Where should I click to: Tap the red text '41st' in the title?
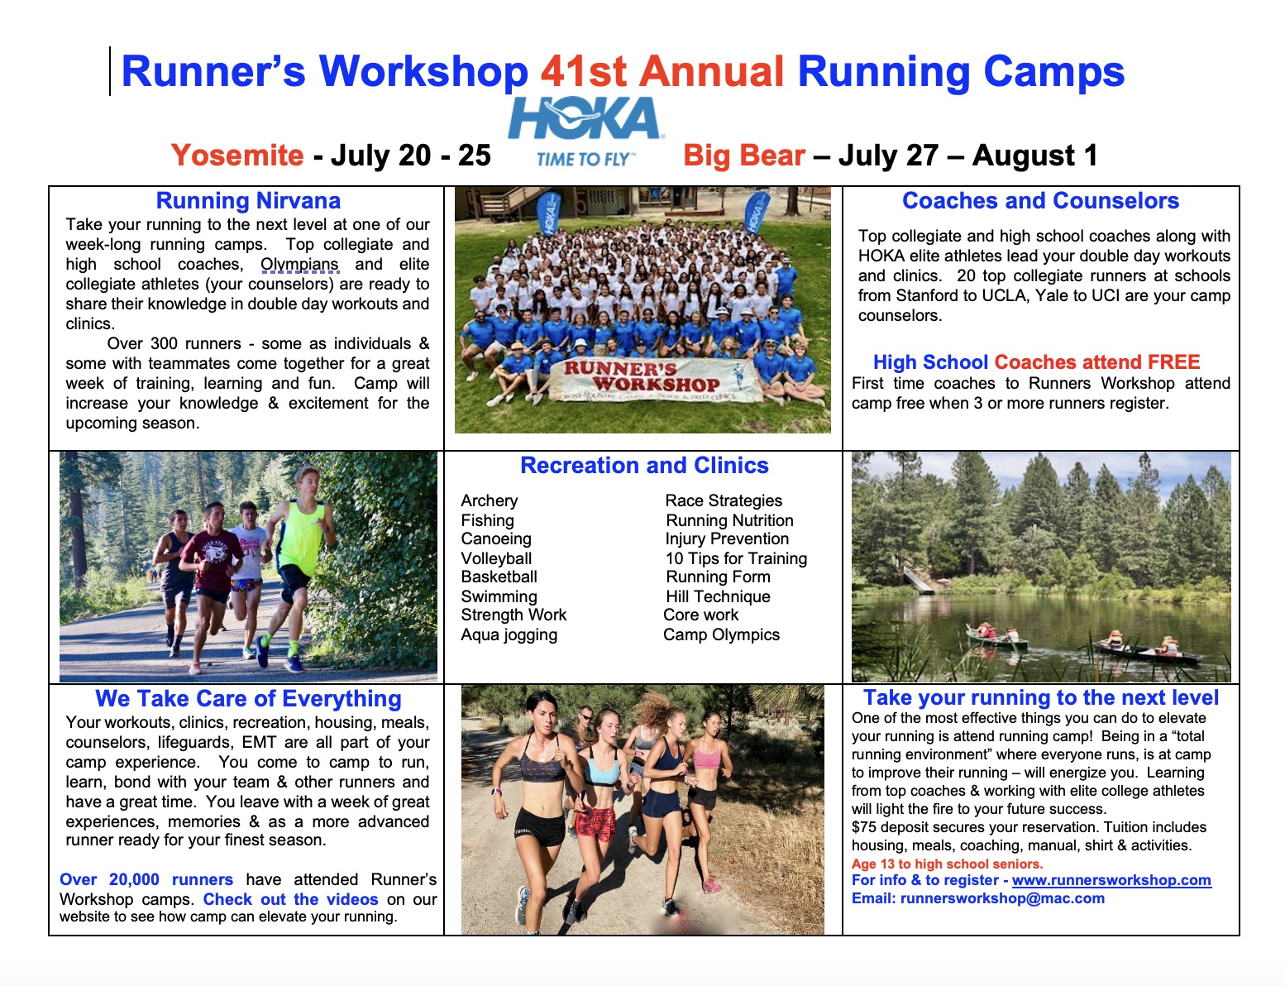(x=583, y=72)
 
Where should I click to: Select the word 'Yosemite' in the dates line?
(x=237, y=155)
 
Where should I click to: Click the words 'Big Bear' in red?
(x=744, y=155)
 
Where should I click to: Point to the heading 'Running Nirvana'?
(x=248, y=200)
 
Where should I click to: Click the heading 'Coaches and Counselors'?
(x=1041, y=200)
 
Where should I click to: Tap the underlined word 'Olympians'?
(x=299, y=264)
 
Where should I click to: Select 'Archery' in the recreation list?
(x=489, y=500)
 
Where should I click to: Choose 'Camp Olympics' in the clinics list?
(x=721, y=634)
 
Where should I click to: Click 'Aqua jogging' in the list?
(x=509, y=634)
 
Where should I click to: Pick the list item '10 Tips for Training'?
(x=736, y=558)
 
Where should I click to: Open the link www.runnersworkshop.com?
(x=1111, y=880)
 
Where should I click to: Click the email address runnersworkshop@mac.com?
(x=1002, y=898)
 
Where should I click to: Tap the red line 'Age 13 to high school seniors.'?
(x=948, y=864)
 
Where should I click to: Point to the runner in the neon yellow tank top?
(x=298, y=567)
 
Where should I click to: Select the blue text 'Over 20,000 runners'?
(x=146, y=879)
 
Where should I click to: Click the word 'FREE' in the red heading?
(x=1174, y=362)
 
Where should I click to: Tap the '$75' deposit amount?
(x=864, y=827)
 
